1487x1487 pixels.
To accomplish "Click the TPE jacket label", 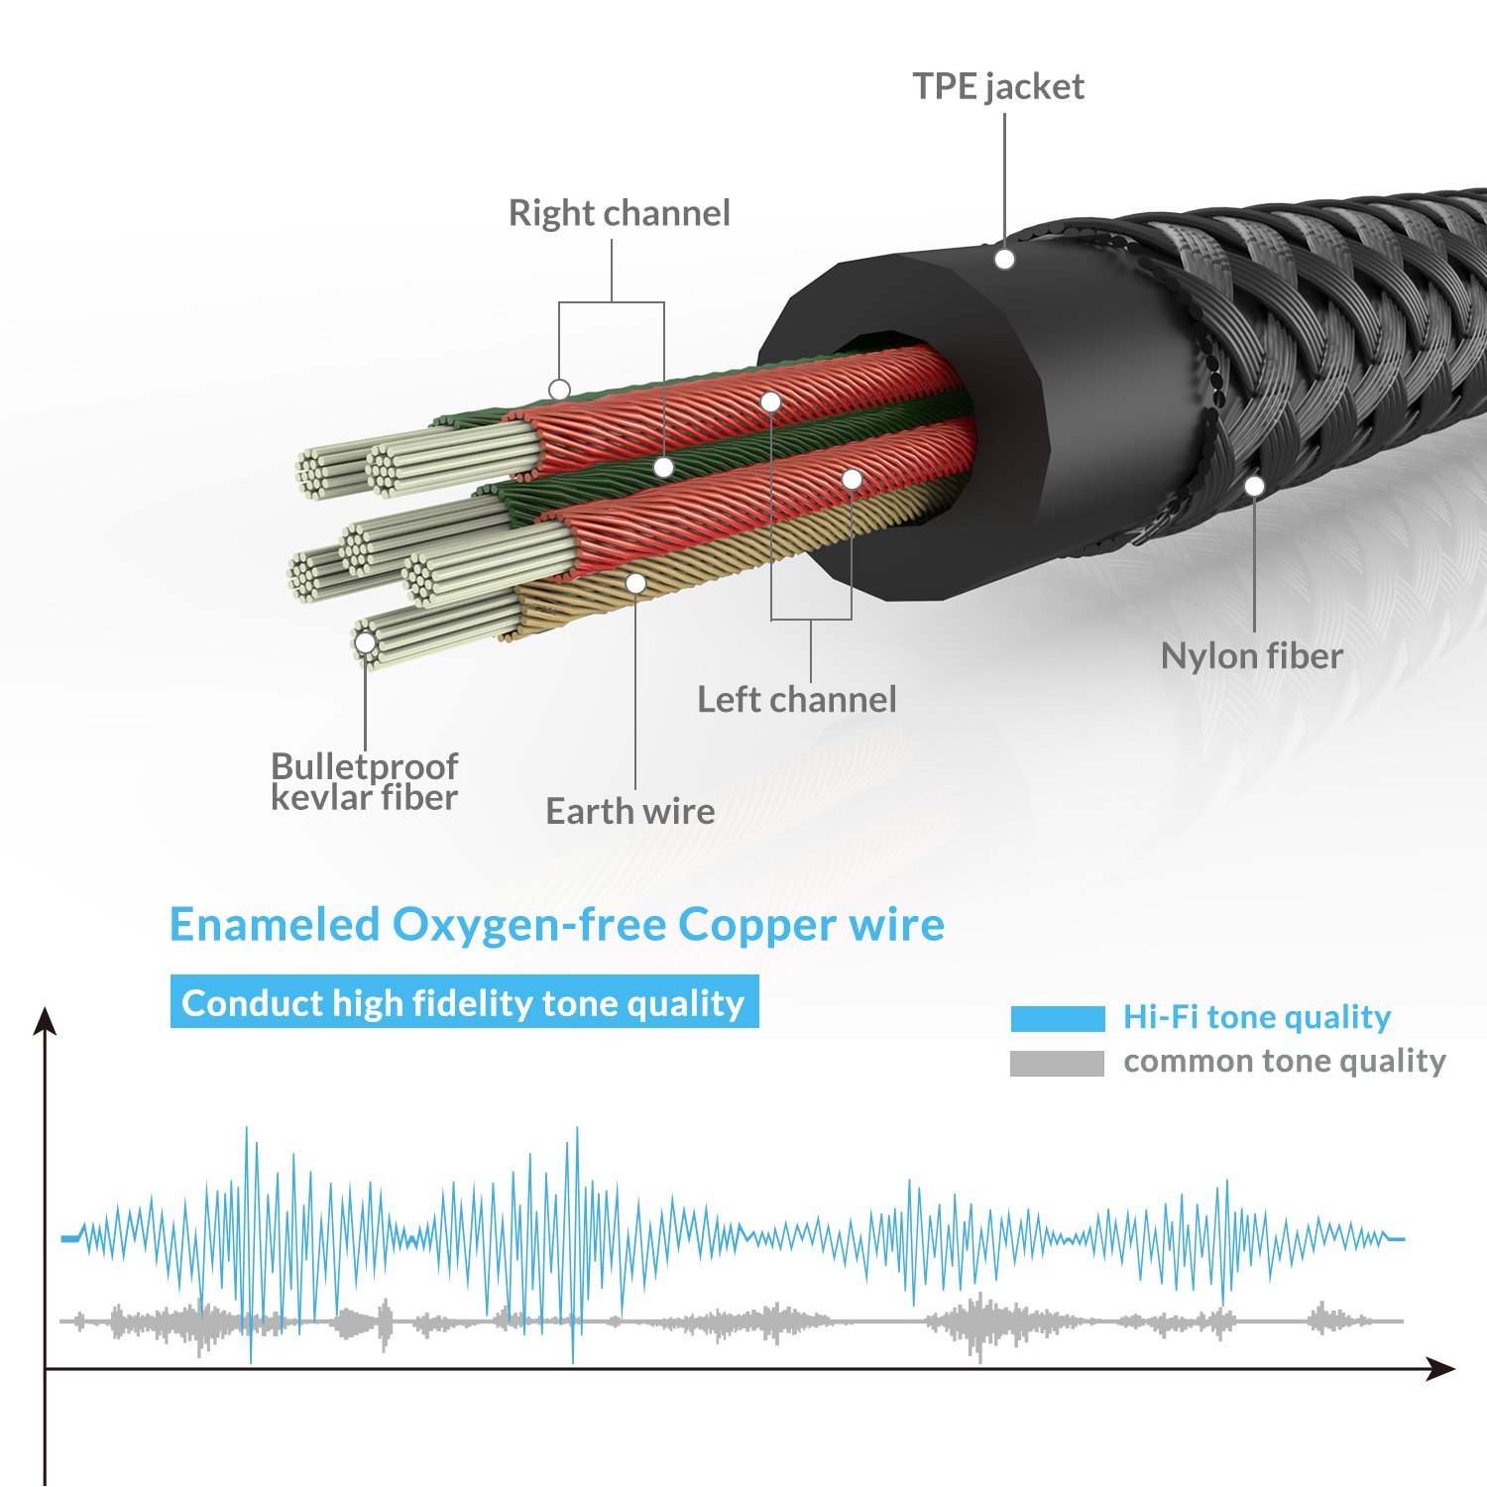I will (x=998, y=87).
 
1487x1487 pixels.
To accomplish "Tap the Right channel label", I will (x=619, y=213).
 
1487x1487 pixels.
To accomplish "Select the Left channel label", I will (x=796, y=700).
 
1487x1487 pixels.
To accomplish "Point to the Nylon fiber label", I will (x=1251, y=656).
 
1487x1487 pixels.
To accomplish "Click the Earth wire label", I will (x=629, y=812).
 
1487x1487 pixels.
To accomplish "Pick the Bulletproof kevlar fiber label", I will (x=364, y=781).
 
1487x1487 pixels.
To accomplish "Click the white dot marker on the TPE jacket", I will (x=1004, y=260).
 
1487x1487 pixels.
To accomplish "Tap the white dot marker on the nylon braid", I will (x=1254, y=486).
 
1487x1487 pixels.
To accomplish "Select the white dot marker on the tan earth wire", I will (x=636, y=583).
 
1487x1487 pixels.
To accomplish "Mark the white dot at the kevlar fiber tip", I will (x=365, y=643).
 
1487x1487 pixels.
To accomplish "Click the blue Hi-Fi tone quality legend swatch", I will (x=1057, y=1018).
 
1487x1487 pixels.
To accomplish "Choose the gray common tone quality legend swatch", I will (x=1057, y=1063).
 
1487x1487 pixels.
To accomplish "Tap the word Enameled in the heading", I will (x=275, y=925).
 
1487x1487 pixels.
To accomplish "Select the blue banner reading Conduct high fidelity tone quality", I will (x=464, y=1002).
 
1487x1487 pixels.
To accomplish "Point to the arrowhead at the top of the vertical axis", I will (x=45, y=1021).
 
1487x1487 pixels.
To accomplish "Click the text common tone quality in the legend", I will (x=1284, y=1062).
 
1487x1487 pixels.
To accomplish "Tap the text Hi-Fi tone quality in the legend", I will (x=1256, y=1017).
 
